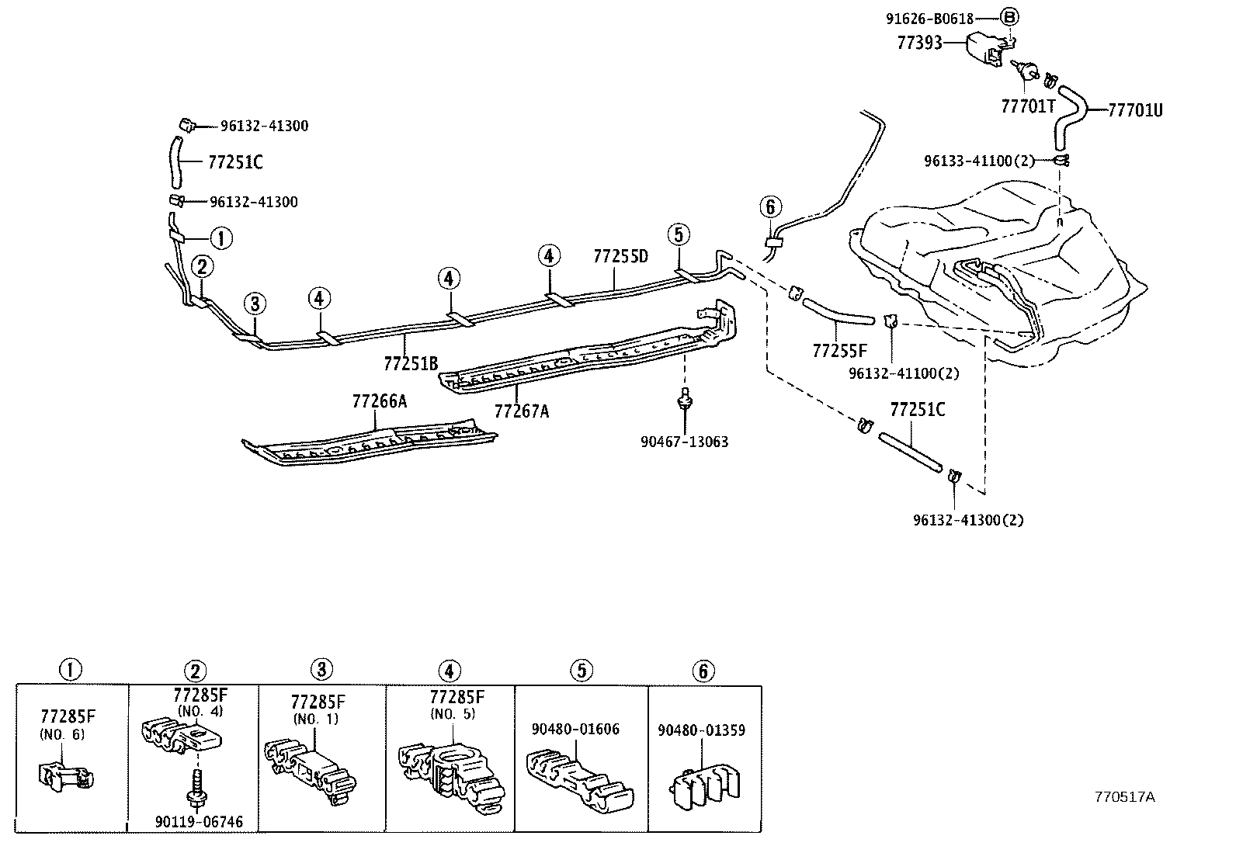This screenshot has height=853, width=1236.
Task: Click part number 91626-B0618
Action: [x=929, y=17]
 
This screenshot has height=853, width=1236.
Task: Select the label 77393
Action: [x=919, y=43]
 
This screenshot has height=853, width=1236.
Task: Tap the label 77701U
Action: [x=1134, y=109]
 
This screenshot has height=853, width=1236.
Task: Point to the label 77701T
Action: [x=1028, y=106]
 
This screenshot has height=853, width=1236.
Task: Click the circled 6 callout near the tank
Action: [x=769, y=206]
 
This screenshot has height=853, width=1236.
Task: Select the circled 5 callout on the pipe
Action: [x=678, y=234]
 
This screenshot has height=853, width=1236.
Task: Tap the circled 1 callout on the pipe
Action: [x=221, y=238]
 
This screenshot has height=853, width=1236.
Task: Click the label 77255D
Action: [x=620, y=255]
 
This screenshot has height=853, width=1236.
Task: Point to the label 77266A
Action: [x=379, y=401]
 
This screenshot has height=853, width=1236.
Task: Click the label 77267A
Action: [x=521, y=411]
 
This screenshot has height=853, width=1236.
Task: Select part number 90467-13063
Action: [x=684, y=442]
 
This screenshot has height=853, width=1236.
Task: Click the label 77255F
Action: [x=840, y=351]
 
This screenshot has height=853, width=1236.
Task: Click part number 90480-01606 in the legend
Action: [x=575, y=729]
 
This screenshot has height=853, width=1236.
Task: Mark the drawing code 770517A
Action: [x=1124, y=797]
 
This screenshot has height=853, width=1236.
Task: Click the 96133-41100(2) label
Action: [x=979, y=161]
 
